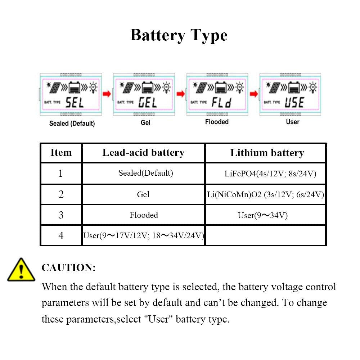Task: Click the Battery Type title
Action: (x=179, y=35)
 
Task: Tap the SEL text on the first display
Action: (x=75, y=103)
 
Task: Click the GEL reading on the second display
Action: (x=148, y=103)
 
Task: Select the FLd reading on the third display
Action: (x=221, y=103)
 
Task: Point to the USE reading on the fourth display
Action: (x=294, y=103)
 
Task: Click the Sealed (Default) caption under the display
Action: (x=72, y=123)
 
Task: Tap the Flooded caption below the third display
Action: (x=217, y=122)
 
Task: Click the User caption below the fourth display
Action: (x=292, y=122)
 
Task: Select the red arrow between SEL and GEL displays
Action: (x=107, y=94)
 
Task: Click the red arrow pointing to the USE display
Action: (x=254, y=94)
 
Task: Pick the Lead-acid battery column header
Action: (x=143, y=153)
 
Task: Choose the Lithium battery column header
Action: (x=267, y=153)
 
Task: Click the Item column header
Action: (x=61, y=153)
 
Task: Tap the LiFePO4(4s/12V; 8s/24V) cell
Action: (x=270, y=174)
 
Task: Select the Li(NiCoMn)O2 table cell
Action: (x=266, y=195)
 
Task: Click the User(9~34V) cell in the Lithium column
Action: (x=263, y=216)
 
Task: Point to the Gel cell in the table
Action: (x=143, y=195)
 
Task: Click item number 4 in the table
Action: (x=61, y=236)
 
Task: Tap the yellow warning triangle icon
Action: (x=21, y=270)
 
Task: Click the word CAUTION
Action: (x=69, y=268)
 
